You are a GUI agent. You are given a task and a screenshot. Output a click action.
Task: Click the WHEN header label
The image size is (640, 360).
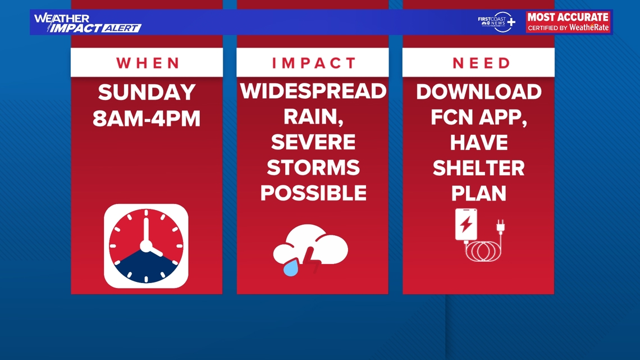pyautogui.click(x=147, y=63)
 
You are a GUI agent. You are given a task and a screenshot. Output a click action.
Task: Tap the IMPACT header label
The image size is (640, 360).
pyautogui.click(x=314, y=63)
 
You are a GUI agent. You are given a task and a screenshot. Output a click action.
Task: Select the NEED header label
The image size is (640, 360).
pyautogui.click(x=481, y=63)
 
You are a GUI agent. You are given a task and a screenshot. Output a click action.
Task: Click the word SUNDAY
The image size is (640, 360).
pyautogui.click(x=147, y=92)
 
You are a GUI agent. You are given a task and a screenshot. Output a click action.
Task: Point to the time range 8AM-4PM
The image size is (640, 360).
pyautogui.click(x=147, y=119)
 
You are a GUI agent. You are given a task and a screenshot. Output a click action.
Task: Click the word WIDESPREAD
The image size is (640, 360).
pyautogui.click(x=313, y=91)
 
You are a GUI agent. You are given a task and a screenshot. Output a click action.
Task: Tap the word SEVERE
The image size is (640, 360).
pyautogui.click(x=313, y=142)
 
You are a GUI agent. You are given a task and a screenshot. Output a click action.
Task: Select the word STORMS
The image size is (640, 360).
pyautogui.click(x=313, y=167)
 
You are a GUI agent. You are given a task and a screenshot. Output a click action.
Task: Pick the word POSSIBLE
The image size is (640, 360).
pyautogui.click(x=313, y=193)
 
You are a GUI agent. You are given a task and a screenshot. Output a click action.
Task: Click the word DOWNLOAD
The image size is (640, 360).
pyautogui.click(x=479, y=92)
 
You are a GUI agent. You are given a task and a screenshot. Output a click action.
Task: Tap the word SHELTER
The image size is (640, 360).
pyautogui.click(x=479, y=167)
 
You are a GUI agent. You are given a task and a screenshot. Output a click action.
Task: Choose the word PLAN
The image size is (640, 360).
pyautogui.click(x=479, y=193)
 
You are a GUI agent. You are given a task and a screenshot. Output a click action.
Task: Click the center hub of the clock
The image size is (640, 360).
pyautogui.click(x=146, y=246)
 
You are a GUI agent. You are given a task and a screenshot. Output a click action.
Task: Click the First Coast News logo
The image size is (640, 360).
pyautogui.click(x=496, y=21)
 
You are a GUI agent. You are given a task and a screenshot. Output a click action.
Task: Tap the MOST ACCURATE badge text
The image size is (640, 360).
pyautogui.click(x=568, y=17)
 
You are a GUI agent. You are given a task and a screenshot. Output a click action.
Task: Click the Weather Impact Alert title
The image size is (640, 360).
pyautogui.click(x=87, y=22)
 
